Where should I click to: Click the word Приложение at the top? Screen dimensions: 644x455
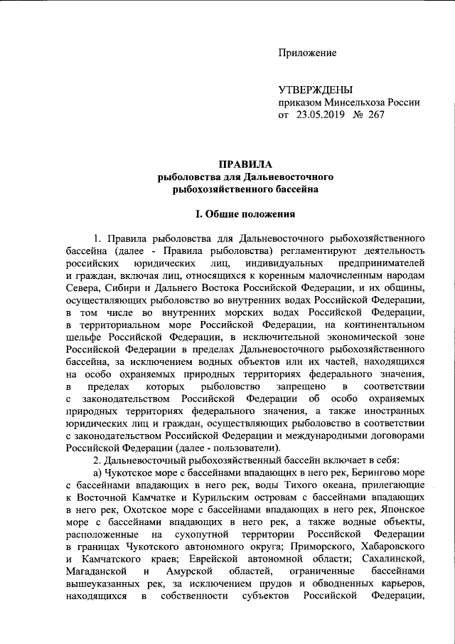click(307, 53)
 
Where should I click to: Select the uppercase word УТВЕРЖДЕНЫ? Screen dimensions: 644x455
click(315, 90)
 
